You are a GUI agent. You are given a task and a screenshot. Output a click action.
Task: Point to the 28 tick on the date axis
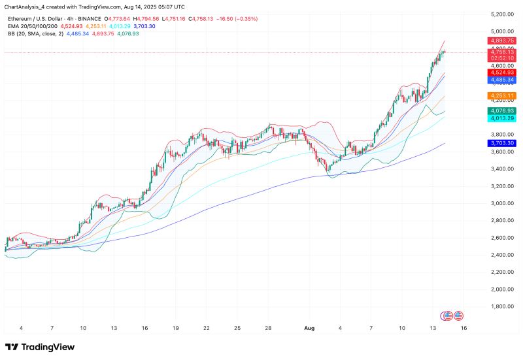[269, 327]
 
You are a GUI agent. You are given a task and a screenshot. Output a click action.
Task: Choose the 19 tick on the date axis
[175, 327]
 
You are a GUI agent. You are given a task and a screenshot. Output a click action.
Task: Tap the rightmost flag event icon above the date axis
[459, 315]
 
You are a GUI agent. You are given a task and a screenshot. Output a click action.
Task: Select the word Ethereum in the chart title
[20, 19]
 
